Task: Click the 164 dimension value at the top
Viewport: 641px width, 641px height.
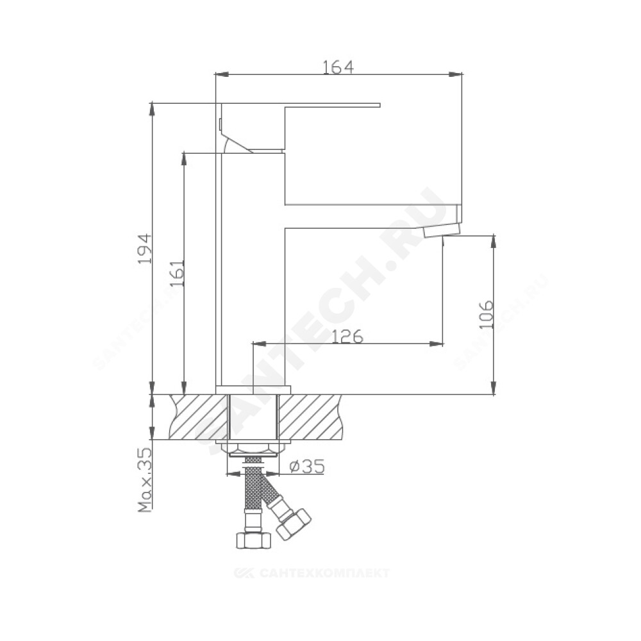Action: [338, 67]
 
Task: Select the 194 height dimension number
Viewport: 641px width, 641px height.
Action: [145, 249]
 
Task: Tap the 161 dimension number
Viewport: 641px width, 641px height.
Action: [178, 273]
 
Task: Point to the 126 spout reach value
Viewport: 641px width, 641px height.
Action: [347, 337]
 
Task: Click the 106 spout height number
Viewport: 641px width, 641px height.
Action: [486, 314]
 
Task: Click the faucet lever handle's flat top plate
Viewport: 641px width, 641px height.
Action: [301, 105]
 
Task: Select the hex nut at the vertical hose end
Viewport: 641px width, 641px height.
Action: [254, 540]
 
